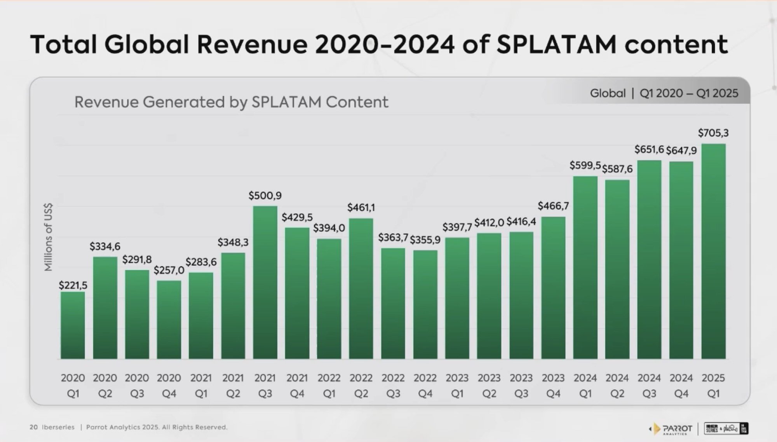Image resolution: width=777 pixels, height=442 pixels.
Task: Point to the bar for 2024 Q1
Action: tap(585, 268)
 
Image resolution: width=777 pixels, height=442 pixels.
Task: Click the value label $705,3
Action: tap(713, 133)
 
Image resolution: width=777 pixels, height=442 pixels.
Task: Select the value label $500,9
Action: tap(265, 196)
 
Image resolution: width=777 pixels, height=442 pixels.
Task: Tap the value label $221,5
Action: tap(73, 286)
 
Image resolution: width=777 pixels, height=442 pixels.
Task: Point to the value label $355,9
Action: tap(425, 240)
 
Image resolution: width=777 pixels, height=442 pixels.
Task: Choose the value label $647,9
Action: tap(681, 150)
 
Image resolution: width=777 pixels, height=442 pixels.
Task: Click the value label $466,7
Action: tap(553, 206)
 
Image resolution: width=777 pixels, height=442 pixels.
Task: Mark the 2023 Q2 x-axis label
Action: tap(489, 386)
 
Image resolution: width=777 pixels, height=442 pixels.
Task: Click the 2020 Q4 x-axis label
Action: tap(169, 386)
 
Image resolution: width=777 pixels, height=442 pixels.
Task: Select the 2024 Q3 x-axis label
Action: tap(649, 386)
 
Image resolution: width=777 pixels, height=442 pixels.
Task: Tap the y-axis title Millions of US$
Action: tap(48, 238)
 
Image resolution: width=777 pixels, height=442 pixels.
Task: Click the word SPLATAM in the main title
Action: tap(556, 44)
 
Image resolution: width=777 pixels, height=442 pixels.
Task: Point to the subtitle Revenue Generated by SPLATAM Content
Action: tap(231, 102)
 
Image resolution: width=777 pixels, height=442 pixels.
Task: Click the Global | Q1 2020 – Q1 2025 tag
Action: tap(664, 93)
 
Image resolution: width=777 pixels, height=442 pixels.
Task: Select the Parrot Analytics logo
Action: tap(671, 429)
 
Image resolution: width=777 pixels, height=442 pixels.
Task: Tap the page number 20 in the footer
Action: tap(34, 427)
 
